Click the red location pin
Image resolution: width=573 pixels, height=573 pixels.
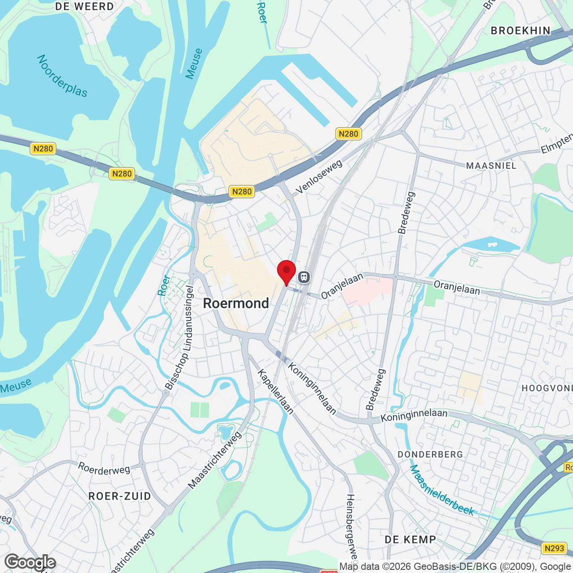286,271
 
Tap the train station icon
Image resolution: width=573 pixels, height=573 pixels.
304,277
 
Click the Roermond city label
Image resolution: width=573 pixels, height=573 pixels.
236,303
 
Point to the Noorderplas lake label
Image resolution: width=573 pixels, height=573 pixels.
62,76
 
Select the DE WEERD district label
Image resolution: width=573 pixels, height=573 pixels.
85,7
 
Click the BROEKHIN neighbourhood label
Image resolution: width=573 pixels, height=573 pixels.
521,30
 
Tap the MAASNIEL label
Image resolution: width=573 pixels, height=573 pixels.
491,166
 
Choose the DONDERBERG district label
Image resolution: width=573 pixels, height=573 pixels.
430,454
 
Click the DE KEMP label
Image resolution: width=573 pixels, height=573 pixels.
411,539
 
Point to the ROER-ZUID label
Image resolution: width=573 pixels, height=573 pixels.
120,496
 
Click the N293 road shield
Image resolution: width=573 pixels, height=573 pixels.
554,548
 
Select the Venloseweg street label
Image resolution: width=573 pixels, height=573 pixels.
319,177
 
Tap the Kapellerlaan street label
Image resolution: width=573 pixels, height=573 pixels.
275,392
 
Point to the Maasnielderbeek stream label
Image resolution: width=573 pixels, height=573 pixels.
442,490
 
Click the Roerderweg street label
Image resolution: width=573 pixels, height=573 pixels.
104,469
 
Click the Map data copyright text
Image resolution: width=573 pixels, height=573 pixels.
454,567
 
